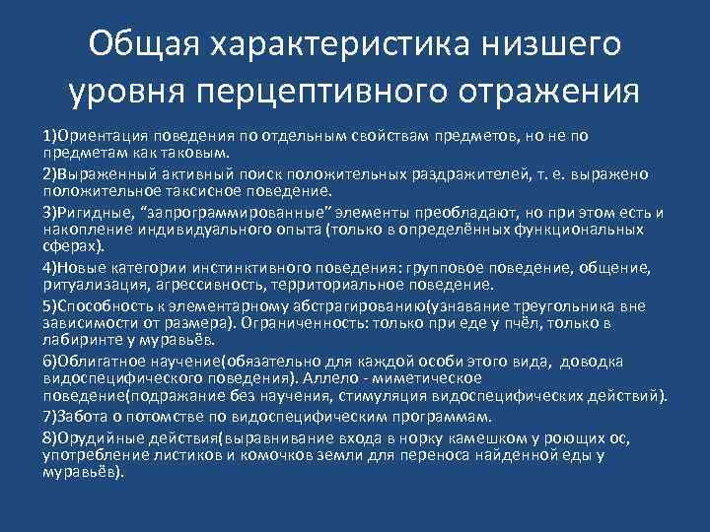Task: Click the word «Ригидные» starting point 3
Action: coord(92,212)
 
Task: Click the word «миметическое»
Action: coord(427,377)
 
